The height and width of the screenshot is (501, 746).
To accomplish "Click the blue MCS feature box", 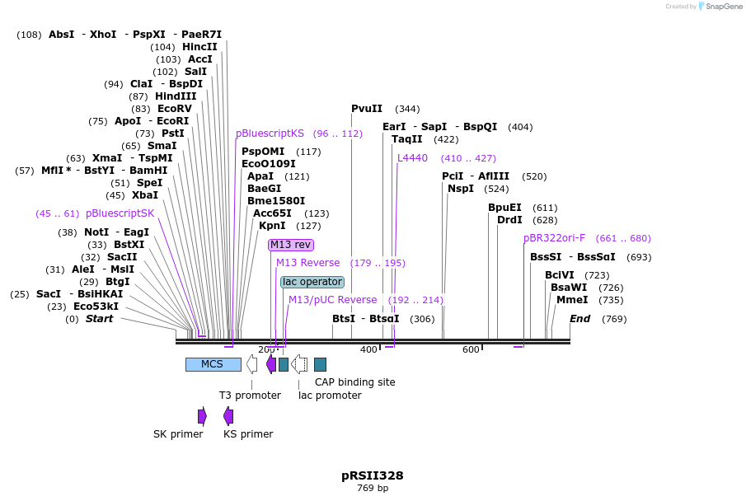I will pos(213,364).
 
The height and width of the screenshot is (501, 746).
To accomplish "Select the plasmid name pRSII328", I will pos(373,475).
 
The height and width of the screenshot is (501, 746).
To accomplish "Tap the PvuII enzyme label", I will pos(367,109).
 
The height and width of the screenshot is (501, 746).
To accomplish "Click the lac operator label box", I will pos(312,282).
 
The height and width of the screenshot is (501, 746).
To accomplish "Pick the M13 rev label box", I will pos(291,245).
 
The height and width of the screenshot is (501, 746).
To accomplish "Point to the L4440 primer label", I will pos(412,158).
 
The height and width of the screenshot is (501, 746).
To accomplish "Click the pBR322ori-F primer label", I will pos(554,238).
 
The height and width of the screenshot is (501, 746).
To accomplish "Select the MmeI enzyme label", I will pos(572,300).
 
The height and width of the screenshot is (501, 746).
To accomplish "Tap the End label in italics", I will pos(579,319).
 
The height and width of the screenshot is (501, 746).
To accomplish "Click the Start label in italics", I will pos(99,319).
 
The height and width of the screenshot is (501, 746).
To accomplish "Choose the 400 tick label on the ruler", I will pos(368,349).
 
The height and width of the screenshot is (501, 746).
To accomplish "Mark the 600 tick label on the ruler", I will pos(471,349).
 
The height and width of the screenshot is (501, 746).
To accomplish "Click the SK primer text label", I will pos(178,434).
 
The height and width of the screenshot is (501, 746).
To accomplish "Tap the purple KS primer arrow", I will pos(228,416).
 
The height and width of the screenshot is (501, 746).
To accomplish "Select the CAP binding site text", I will pos(354,382).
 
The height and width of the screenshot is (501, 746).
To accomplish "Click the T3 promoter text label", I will pos(250,396).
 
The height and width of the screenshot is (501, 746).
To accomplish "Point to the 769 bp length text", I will pos(373,489).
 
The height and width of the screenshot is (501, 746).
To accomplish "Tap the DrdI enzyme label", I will pos(509,220).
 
